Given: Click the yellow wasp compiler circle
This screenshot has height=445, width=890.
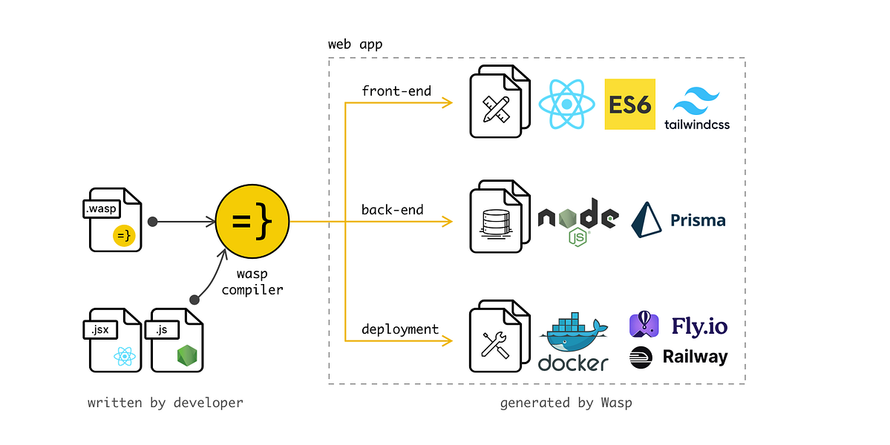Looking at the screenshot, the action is click(252, 220).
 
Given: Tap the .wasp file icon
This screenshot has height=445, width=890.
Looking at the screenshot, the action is click(112, 220).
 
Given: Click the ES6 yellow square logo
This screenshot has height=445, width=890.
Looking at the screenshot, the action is click(630, 105).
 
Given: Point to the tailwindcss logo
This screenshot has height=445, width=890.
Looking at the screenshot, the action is click(697, 108).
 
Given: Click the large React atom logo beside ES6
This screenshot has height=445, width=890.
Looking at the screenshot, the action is click(566, 105).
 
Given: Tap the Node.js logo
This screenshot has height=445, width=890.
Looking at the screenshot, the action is click(577, 221).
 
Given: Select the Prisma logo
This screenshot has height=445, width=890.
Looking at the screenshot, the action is click(678, 220).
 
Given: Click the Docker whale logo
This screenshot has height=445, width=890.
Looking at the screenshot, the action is click(573, 341).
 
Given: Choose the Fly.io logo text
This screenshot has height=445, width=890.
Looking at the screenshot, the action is click(699, 326).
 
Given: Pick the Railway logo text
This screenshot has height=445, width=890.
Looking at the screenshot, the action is click(695, 357).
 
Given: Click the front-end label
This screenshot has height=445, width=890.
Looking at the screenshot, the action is click(397, 90).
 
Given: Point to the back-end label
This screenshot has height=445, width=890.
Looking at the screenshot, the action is click(393, 210).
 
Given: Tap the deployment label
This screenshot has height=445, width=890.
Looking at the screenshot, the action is click(400, 329).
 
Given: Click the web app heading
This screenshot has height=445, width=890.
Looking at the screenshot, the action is click(356, 44).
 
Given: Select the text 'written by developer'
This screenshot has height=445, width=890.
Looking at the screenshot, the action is click(166, 403).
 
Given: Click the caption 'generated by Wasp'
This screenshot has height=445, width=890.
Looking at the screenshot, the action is click(566, 403).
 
